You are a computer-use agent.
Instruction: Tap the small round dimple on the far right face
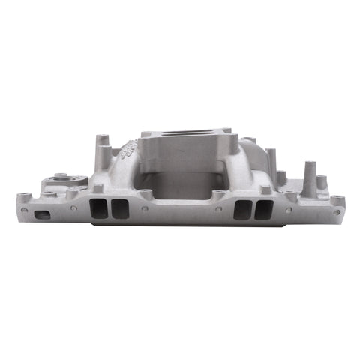(337, 212)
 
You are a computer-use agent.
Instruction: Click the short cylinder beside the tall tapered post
(321, 183)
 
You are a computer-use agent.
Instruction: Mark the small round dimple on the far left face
(25, 211)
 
